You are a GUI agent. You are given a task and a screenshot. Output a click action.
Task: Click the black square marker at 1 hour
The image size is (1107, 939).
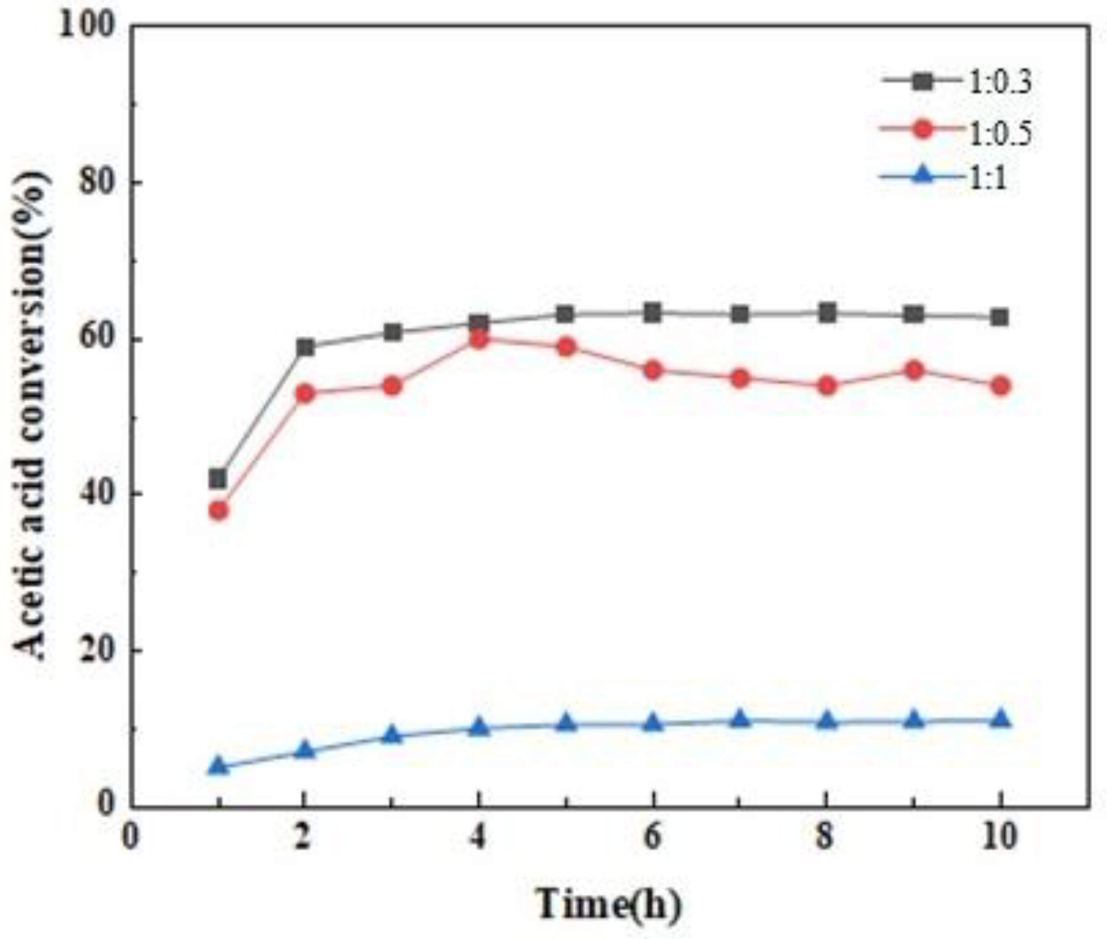tap(218, 478)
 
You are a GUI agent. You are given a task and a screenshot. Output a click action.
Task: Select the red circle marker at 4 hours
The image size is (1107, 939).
tap(479, 339)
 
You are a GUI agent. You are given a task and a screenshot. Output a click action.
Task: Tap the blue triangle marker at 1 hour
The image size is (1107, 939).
tap(218, 766)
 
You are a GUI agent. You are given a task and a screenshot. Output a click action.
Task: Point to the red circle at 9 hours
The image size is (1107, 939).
tap(914, 370)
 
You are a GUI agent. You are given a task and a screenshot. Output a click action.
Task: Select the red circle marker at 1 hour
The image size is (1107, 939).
tap(218, 510)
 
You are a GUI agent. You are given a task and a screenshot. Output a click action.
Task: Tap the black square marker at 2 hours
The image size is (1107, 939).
tap(305, 347)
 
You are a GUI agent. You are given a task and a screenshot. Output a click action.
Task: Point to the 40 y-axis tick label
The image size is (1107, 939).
tap(96, 494)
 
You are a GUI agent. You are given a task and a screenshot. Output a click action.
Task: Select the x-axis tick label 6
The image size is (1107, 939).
tap(653, 837)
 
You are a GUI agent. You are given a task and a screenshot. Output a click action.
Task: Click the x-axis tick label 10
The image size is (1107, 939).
tap(1000, 837)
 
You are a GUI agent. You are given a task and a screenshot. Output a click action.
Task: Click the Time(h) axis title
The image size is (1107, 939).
tap(609, 904)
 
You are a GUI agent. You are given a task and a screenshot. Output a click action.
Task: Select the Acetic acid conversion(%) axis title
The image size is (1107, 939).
tap(33, 415)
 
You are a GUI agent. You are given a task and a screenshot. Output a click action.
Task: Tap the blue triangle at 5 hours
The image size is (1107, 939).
tap(566, 723)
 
